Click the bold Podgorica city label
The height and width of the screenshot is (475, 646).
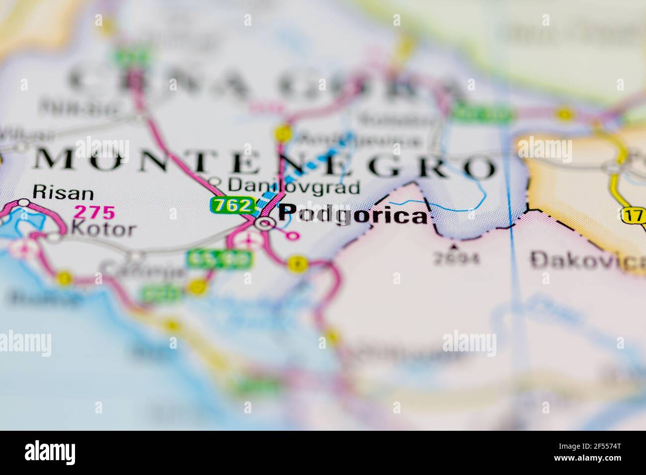pyautogui.click(x=352, y=215)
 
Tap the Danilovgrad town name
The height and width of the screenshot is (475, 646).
pyautogui.click(x=293, y=187)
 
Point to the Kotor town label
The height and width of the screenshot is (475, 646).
pyautogui.click(x=103, y=229)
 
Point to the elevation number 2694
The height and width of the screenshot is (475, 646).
pyautogui.click(x=456, y=259)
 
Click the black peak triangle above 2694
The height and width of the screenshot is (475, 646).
pyautogui.click(x=453, y=245)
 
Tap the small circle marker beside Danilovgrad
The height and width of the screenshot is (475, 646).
pyautogui.click(x=214, y=181)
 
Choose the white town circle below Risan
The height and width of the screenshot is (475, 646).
pyautogui.click(x=24, y=203)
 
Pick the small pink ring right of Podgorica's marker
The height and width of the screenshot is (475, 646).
pyautogui.click(x=294, y=236)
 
